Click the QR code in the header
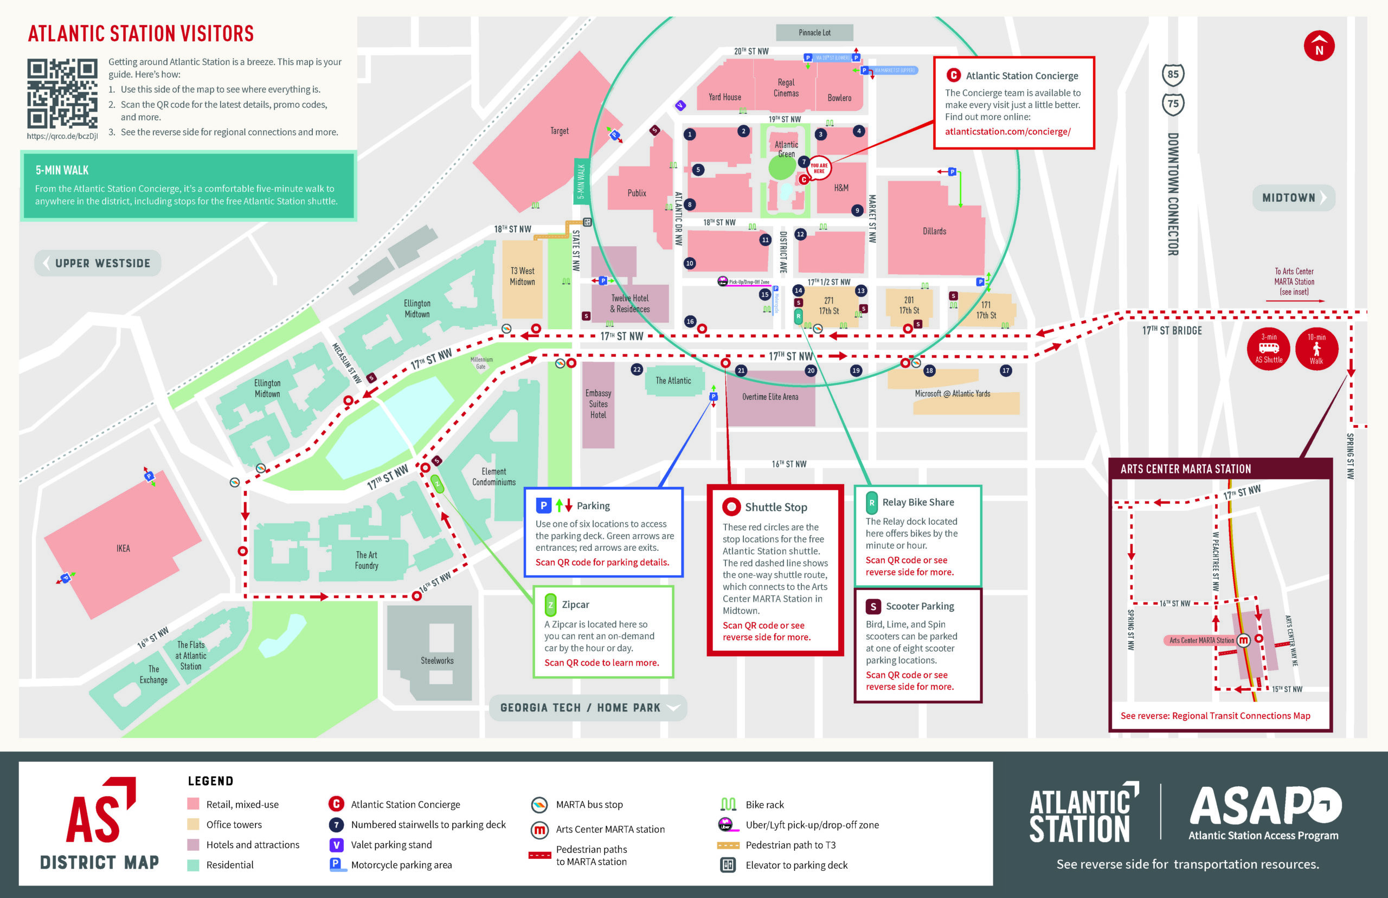pos(62,93)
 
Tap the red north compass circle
pos(1319,46)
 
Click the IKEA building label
pos(123,548)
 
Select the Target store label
pos(559,131)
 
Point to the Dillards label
pos(934,232)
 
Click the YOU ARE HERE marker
pos(819,168)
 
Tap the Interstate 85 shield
pos(1173,75)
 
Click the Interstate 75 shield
pos(1173,104)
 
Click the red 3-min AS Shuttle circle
pos(1269,349)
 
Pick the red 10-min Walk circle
pos(1316,349)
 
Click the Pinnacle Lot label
pos(814,33)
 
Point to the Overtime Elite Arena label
pos(770,397)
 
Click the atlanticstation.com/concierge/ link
pos(1007,132)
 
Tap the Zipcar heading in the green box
pos(575,605)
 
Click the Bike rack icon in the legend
pos(728,805)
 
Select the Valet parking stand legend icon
pos(336,845)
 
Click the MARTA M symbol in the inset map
pos(1243,640)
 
